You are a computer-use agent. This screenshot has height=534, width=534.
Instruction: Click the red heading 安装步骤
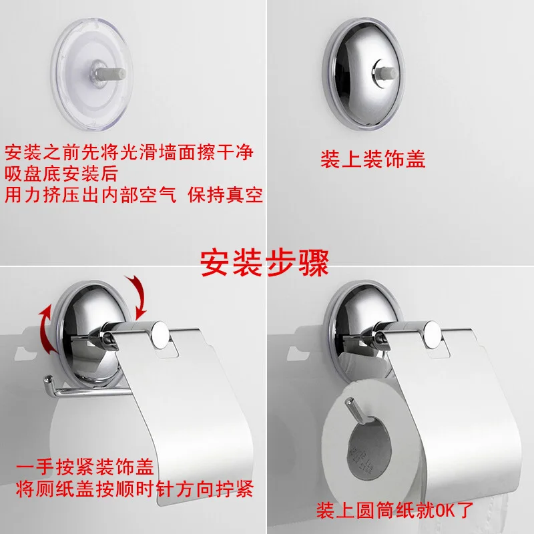tap(264, 263)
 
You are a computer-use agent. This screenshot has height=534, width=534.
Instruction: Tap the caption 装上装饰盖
tap(373, 159)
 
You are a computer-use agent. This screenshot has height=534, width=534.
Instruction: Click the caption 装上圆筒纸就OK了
tap(395, 510)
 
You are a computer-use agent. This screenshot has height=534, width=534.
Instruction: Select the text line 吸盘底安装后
tap(61, 174)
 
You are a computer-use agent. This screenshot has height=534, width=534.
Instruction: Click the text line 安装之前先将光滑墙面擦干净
tap(129, 152)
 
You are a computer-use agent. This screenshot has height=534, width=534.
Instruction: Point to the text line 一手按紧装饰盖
tap(85, 467)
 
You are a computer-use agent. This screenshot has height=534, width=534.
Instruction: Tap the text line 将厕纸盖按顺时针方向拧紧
tap(135, 489)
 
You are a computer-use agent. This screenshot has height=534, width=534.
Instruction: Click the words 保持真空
tap(225, 195)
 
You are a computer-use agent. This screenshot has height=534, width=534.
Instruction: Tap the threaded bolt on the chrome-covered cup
tap(384, 73)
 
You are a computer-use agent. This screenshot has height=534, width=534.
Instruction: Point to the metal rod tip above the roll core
tap(348, 402)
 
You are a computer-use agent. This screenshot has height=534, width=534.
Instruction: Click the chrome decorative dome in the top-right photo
tap(363, 74)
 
